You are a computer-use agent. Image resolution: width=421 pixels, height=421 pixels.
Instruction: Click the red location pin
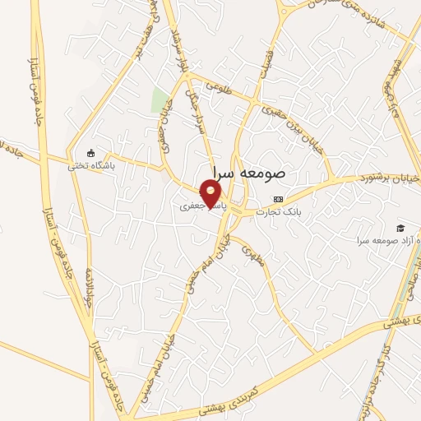click(x=211, y=194)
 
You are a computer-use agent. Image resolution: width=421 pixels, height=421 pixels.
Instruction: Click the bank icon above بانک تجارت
click(x=278, y=199)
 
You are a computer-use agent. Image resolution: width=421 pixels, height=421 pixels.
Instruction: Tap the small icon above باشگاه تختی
click(x=90, y=153)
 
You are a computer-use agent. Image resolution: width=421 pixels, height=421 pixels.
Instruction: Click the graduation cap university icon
click(x=400, y=228)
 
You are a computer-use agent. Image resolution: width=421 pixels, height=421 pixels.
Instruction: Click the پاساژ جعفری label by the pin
click(x=197, y=209)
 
